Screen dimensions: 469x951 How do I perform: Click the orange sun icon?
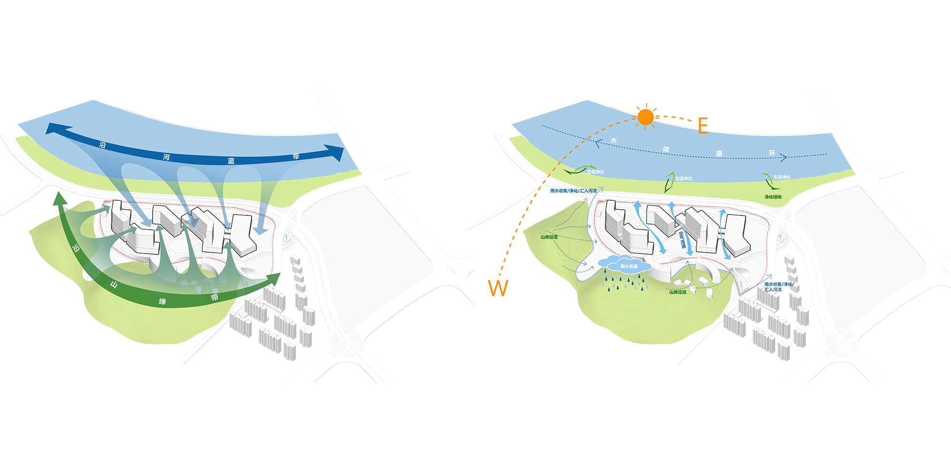click(x=645, y=117)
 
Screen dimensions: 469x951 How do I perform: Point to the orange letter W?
click(x=498, y=288)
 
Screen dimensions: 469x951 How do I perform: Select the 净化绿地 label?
click(x=773, y=197)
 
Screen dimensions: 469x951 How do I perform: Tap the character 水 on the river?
click(x=614, y=141)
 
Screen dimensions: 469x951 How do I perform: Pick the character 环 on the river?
click(x=772, y=153)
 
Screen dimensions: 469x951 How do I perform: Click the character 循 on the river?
click(x=719, y=154)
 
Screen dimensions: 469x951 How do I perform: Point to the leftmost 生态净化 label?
click(x=595, y=172)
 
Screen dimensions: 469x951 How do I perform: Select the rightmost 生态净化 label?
click(x=782, y=177)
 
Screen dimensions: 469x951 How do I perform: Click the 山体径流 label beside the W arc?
click(x=549, y=237)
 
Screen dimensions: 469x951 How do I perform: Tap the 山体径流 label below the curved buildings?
click(x=678, y=292)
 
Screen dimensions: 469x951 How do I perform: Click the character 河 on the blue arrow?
click(x=166, y=157)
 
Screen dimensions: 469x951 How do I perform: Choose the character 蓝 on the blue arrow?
click(x=231, y=161)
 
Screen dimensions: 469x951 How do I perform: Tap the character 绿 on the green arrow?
click(x=163, y=302)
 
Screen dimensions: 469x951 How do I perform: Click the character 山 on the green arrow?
click(x=114, y=285)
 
